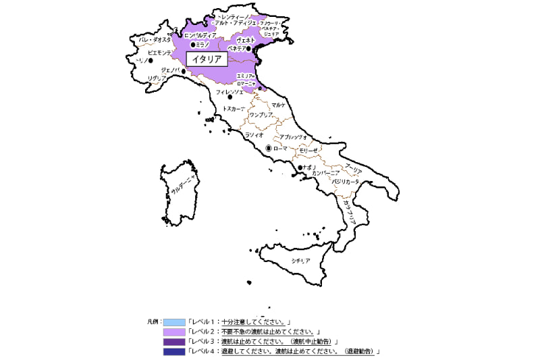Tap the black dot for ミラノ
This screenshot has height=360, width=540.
(193, 44)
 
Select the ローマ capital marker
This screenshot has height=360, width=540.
(269, 148)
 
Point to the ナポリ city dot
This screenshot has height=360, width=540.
(300, 168)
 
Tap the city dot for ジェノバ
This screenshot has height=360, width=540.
(184, 70)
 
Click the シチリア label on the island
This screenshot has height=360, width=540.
(300, 260)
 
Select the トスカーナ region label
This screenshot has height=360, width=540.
(234, 108)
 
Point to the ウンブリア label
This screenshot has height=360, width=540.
(261, 115)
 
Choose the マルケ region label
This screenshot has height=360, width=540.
(279, 105)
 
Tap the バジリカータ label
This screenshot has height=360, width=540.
(346, 182)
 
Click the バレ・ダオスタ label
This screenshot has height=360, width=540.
(155, 40)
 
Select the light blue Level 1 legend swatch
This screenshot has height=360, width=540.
(173, 322)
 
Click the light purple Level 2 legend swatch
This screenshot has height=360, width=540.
(173, 332)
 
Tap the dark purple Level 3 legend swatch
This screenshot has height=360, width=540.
(173, 342)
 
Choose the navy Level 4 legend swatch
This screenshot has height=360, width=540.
(173, 351)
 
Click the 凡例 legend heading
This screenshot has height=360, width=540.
(153, 322)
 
